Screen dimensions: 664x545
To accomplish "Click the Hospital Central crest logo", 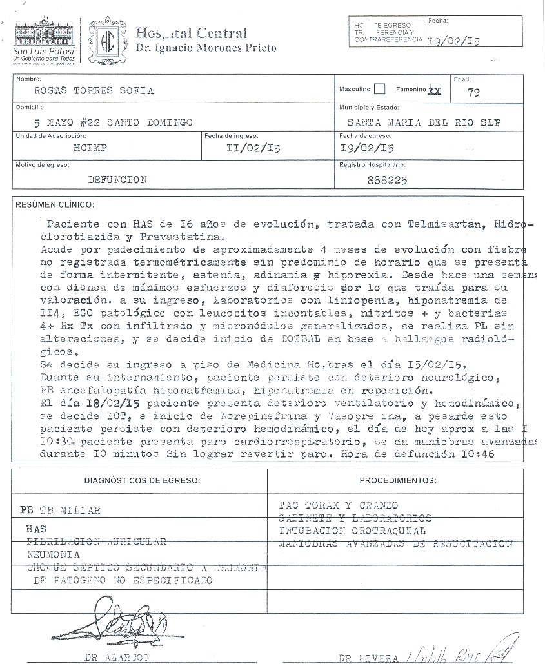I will (107, 40).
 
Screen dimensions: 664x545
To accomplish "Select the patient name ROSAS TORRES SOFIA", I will (94, 91).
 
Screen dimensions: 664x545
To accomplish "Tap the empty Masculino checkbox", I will (379, 90).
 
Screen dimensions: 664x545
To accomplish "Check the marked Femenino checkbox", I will (435, 90).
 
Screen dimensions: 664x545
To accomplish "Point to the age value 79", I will (473, 92).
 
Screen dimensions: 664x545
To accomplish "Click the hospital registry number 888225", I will (387, 181).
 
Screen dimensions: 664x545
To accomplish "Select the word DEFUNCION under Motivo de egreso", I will (117, 179).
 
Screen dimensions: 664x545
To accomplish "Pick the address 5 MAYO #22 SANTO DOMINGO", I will (113, 121).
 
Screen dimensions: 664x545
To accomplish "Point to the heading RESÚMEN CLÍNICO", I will (55, 205).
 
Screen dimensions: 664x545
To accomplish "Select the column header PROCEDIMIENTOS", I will (398, 480).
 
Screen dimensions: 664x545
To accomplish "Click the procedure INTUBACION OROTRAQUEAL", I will (352, 531).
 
